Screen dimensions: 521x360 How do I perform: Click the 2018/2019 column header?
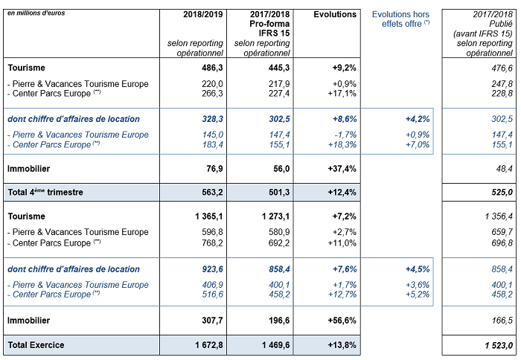tap(202, 15)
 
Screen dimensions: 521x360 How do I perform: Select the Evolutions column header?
tap(335, 15)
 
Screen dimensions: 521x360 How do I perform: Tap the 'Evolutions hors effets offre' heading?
tap(400, 19)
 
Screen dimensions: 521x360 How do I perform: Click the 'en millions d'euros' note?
tap(36, 13)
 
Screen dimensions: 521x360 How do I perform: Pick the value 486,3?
tap(212, 68)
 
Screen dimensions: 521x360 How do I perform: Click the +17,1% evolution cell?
tap(342, 94)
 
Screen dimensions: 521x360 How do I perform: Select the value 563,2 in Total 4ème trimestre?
tap(212, 193)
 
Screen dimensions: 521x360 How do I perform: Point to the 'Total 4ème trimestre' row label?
tap(45, 193)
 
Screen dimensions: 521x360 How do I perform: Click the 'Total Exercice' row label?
tap(36, 345)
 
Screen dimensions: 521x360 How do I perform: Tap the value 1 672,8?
tap(209, 345)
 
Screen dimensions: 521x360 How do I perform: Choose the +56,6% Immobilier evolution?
tap(342, 321)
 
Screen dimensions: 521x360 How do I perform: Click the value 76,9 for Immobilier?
tap(214, 169)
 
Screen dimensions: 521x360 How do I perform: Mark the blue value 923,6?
tap(213, 269)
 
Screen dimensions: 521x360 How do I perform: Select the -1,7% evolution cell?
tap(345, 135)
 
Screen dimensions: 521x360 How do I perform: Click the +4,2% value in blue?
tap(418, 119)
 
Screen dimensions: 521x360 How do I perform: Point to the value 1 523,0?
tap(499, 346)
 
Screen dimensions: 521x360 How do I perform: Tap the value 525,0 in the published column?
tap(502, 193)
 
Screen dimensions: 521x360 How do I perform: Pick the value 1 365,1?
tap(209, 216)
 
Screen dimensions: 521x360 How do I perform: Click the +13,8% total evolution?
tap(342, 345)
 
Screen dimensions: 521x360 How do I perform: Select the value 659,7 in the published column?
tap(502, 232)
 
